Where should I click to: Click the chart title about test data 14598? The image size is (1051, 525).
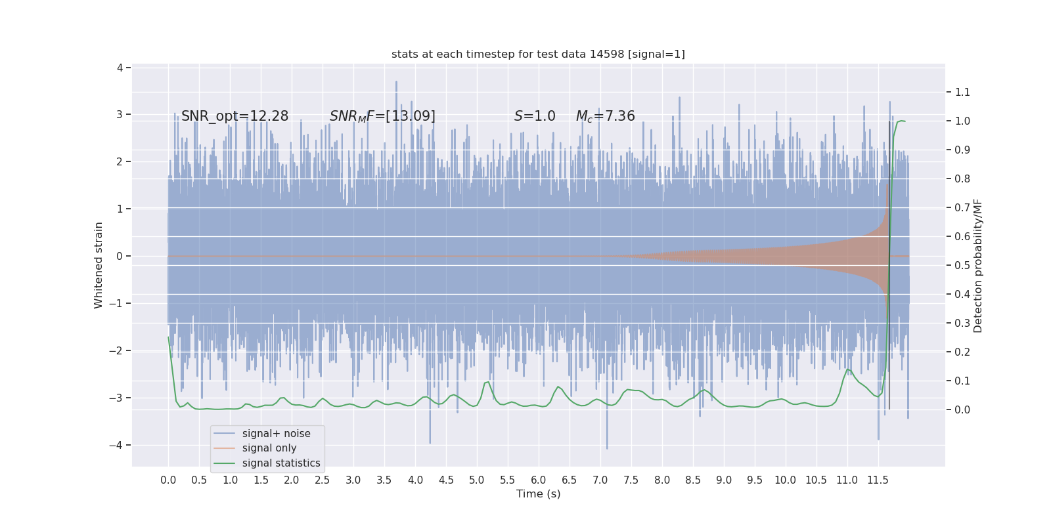point(538,54)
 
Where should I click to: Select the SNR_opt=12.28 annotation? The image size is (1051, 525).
point(235,116)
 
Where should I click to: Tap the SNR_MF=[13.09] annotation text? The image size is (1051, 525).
point(382,116)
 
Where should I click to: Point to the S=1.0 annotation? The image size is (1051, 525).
point(535,116)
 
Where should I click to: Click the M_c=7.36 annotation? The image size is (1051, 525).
point(605,116)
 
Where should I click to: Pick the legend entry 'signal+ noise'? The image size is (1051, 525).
point(276,433)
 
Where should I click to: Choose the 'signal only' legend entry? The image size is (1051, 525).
point(269,448)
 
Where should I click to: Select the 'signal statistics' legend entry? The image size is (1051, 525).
point(281,463)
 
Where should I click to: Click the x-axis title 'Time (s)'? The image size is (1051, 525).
point(538,493)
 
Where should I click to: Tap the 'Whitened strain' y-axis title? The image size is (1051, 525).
point(99,265)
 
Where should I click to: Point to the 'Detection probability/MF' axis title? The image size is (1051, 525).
point(978,265)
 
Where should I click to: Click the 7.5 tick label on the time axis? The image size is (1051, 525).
point(631,480)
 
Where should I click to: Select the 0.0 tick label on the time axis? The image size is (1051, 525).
point(168,480)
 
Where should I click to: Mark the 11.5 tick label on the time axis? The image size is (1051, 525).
point(878,480)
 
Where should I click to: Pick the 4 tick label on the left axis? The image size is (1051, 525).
point(120,68)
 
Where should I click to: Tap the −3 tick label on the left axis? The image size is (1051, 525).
point(116,398)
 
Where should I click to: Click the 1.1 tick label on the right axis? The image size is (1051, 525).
point(962,92)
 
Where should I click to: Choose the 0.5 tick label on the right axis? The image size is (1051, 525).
point(962,265)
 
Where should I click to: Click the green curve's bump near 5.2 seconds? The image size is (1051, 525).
point(487,383)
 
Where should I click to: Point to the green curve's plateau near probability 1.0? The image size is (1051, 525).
point(901,121)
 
